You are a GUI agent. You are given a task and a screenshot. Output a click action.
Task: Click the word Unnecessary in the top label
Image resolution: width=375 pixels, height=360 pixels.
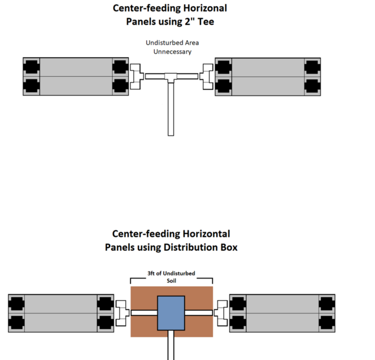(172, 51)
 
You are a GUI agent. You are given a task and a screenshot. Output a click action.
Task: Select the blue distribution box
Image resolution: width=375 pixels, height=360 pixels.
(171, 312)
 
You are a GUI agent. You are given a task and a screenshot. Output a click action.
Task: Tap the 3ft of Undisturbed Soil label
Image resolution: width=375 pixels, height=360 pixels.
(172, 276)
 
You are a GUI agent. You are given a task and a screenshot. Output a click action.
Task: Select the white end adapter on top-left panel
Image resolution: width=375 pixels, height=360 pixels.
(136, 76)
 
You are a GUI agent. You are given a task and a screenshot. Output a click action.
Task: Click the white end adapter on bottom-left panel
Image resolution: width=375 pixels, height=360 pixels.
(121, 313)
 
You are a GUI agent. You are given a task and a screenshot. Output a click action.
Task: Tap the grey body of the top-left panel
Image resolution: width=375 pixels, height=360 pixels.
(76, 76)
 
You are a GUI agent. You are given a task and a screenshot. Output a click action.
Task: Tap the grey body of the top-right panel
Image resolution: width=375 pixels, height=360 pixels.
(267, 76)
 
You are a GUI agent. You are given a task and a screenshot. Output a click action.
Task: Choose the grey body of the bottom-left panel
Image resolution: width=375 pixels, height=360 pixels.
(61, 313)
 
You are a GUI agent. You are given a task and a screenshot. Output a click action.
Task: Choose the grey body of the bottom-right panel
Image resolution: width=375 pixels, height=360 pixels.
(282, 313)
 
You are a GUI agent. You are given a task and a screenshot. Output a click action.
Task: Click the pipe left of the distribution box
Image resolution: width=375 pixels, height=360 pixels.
(144, 313)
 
